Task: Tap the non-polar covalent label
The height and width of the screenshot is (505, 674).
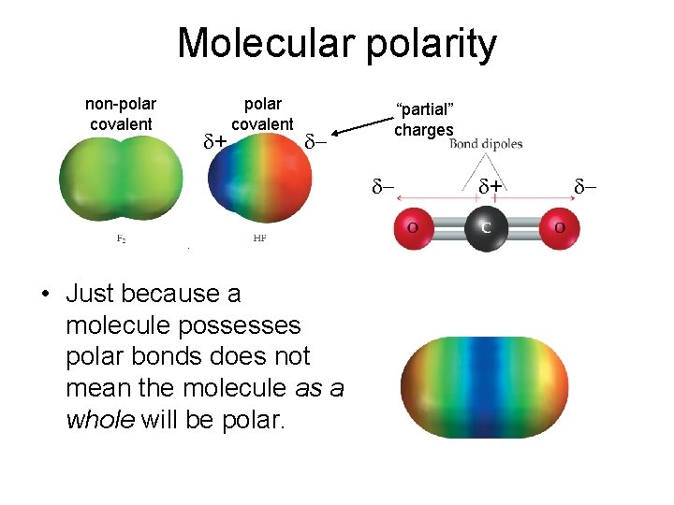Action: point(121,114)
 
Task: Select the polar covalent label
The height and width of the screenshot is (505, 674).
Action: point(262,114)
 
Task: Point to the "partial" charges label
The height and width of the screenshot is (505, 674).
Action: point(423,121)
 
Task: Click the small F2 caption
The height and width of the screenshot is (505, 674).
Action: point(122,239)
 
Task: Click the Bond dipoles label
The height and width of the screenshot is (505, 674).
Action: point(486,144)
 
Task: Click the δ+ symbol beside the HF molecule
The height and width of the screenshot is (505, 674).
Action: point(215,142)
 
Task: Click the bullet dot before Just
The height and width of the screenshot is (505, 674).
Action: point(44,296)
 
